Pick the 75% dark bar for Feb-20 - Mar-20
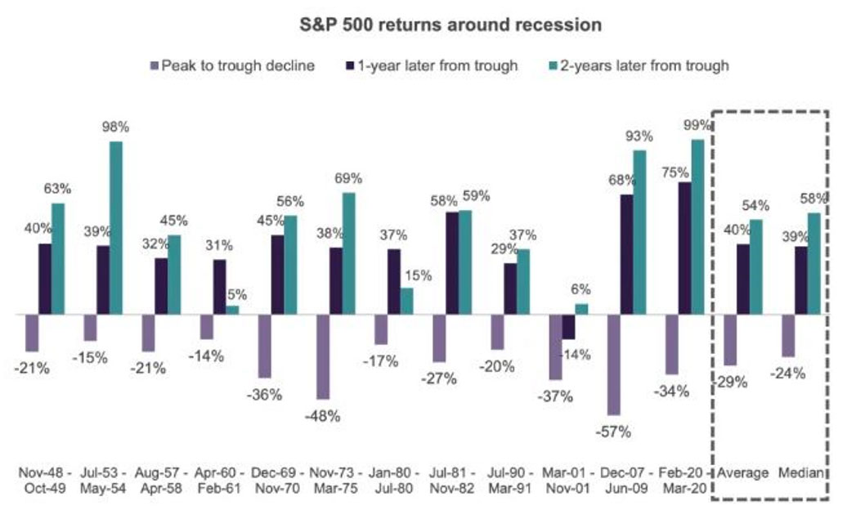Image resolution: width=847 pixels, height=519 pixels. pyautogui.click(x=685, y=248)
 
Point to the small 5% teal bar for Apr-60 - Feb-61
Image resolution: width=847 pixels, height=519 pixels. pyautogui.click(x=232, y=310)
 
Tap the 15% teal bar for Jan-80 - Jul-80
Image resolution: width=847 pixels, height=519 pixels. pyautogui.click(x=406, y=301)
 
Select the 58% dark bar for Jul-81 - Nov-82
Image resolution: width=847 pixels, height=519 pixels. pyautogui.click(x=452, y=262)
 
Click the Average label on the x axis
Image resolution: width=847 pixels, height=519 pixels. pyautogui.click(x=742, y=473)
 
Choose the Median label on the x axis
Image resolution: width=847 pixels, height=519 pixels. pyautogui.click(x=800, y=473)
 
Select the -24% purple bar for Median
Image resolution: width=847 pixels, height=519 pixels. pyautogui.click(x=788, y=335)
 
